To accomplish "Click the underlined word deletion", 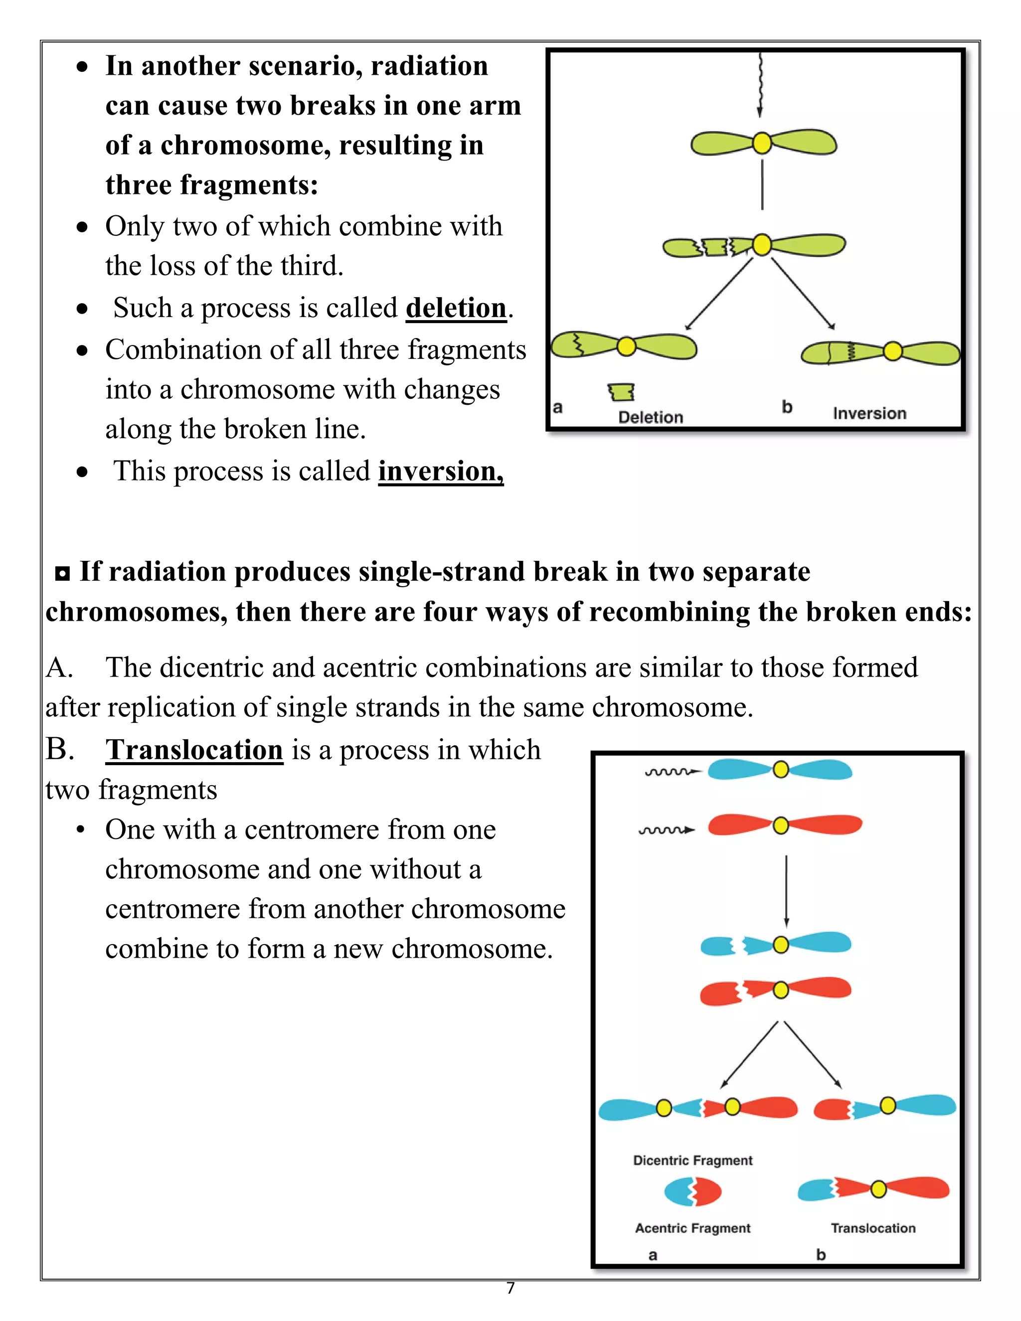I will pos(456,309).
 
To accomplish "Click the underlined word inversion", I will pos(440,472).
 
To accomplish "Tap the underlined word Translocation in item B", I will pos(194,751).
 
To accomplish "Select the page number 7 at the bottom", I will pos(510,1288).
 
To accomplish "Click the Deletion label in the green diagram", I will pos(650,417).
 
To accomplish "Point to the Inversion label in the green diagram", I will pos(869,414).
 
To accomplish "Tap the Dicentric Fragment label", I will pos(692,1160).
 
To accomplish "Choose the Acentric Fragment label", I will pos(692,1228).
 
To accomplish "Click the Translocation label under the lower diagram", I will pos(873,1228).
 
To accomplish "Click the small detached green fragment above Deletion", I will pos(621,392).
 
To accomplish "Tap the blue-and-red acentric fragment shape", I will pos(692,1191).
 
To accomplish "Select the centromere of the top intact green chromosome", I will pos(762,144).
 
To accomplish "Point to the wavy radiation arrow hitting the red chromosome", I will pos(667,830).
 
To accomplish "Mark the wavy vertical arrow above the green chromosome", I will pos(760,85).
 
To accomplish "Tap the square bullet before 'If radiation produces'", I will pos(62,573).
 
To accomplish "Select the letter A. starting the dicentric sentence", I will pos(59,668).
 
